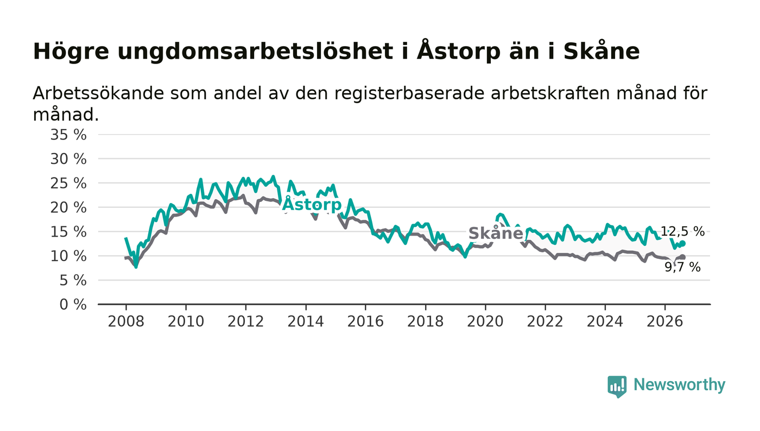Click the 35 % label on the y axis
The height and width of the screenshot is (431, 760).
(x=68, y=135)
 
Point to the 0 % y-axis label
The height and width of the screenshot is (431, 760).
(x=73, y=305)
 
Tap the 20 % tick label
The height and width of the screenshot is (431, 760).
(x=68, y=208)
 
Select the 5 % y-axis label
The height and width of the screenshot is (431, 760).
(x=73, y=281)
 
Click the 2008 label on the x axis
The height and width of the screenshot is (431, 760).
(x=126, y=321)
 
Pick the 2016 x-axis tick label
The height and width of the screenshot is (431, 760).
(x=365, y=321)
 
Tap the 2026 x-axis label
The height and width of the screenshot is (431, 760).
(x=664, y=321)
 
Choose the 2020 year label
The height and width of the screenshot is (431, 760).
(x=485, y=321)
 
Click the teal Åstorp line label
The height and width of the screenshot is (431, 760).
(x=312, y=204)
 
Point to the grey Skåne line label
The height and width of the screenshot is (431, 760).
(x=496, y=233)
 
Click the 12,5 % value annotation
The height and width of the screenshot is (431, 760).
(x=683, y=231)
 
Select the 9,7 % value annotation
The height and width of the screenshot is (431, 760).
(x=683, y=268)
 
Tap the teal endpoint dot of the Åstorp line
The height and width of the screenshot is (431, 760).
(x=683, y=243)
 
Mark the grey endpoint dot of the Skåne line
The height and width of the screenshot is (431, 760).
(x=683, y=257)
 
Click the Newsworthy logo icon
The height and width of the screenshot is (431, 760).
(x=617, y=386)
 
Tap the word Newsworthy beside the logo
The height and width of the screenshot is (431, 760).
(x=679, y=385)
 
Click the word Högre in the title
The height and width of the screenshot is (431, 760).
(x=71, y=52)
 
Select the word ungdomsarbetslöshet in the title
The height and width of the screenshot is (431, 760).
(x=255, y=52)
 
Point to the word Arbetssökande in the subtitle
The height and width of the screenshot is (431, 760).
(x=98, y=93)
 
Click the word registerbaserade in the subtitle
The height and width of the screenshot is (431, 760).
(x=409, y=93)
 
